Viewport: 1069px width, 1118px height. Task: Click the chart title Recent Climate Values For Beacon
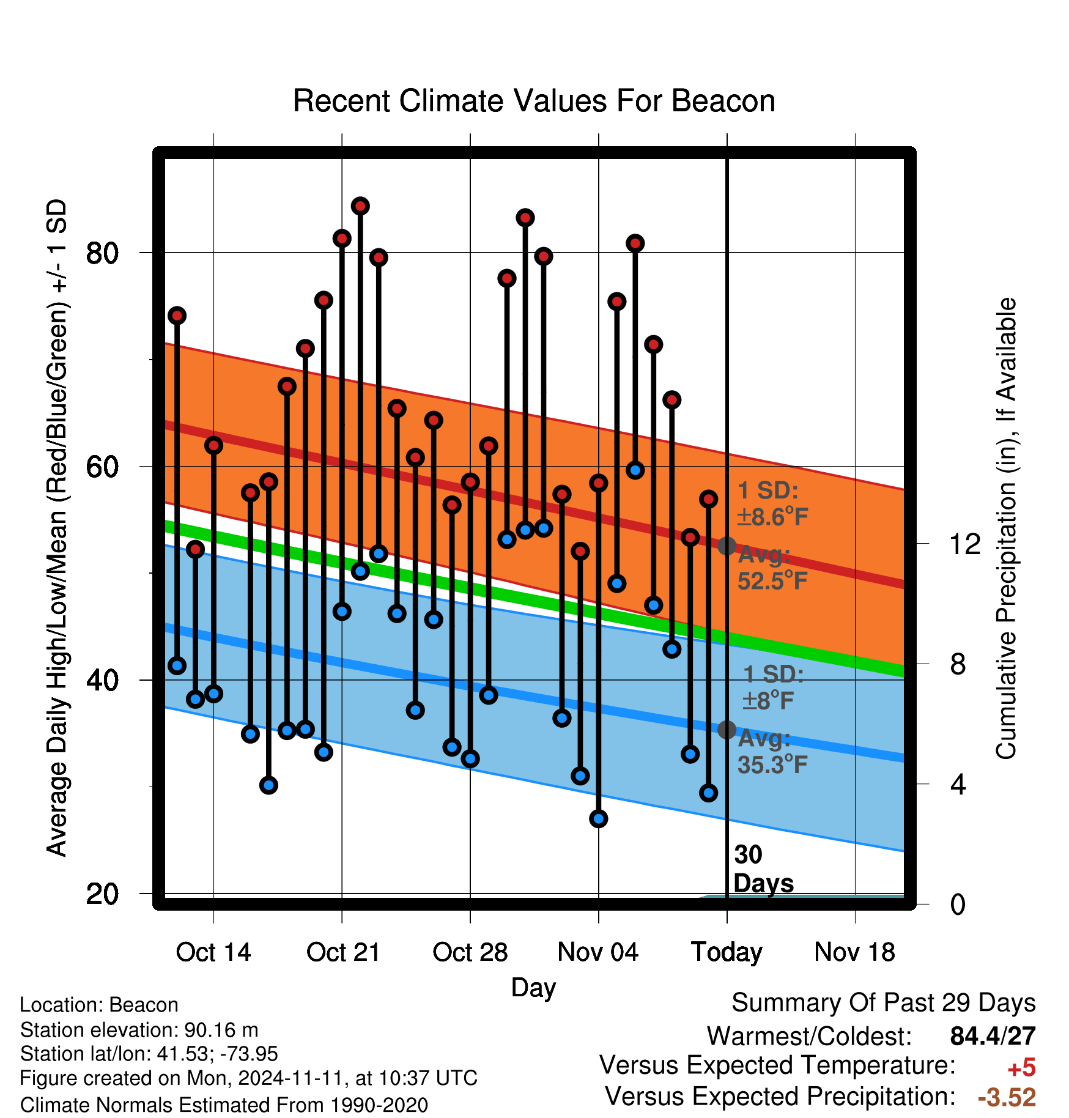pos(534,101)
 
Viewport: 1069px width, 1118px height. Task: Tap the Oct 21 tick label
pos(343,952)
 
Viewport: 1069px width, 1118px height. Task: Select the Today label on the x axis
pos(727,953)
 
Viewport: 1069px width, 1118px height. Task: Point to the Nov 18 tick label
pos(855,952)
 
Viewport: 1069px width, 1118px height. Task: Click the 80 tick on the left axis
pos(102,253)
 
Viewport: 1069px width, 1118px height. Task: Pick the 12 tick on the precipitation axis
pos(965,544)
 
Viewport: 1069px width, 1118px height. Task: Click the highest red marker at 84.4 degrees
pos(360,206)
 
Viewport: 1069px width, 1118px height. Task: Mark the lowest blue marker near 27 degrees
pos(599,818)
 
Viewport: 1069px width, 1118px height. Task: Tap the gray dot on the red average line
pos(727,546)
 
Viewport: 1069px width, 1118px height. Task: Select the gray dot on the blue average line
pos(727,729)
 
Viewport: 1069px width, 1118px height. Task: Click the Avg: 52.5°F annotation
pos(772,568)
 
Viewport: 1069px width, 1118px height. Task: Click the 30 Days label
pos(763,869)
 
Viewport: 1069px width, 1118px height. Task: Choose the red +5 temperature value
pos(1021,1068)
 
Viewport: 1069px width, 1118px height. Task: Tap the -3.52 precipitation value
pos(1007,1097)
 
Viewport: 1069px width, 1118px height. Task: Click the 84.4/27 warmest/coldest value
pos(993,1036)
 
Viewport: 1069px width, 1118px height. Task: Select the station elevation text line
pos(139,1030)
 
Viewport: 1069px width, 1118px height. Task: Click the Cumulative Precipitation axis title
pos(1006,528)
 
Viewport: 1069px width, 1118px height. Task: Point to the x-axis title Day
pos(533,988)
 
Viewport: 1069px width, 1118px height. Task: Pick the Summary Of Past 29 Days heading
pos(884,1003)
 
